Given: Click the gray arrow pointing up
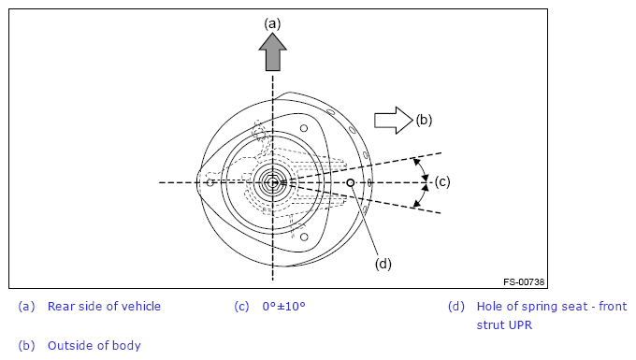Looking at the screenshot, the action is pos(272,52).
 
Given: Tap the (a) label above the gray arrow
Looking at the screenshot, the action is pos(272,24).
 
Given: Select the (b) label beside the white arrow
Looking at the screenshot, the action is pos(424,120).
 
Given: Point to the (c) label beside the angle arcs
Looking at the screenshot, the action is pos(442,182).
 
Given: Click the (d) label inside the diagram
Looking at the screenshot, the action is pos(383,264).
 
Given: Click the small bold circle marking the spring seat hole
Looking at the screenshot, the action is pos(351,183).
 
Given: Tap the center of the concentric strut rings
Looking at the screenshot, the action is pos(272,183).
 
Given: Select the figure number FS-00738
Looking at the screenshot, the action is pos(524,282).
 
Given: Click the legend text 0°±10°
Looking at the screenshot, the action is pos(283,307).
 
